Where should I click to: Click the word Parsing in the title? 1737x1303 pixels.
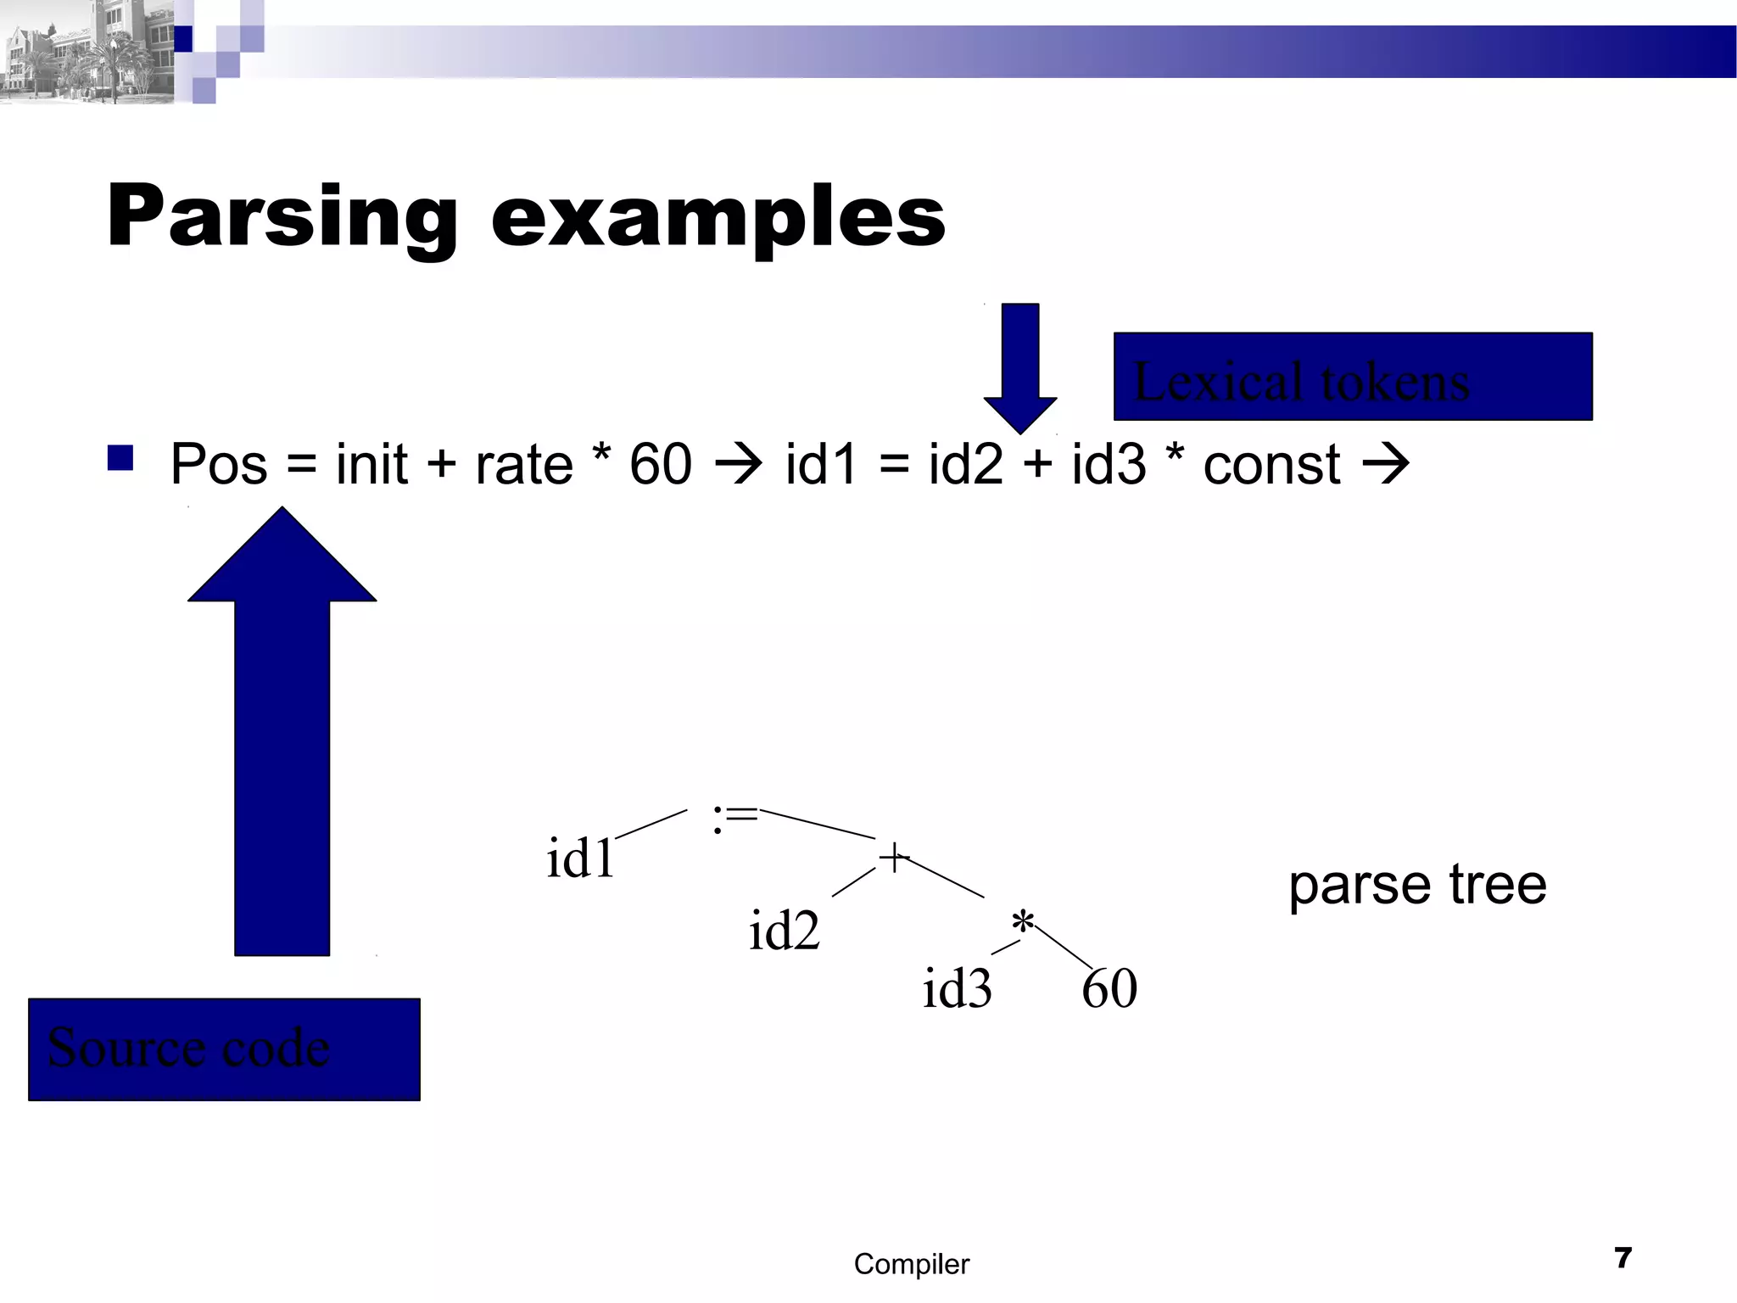tap(281, 217)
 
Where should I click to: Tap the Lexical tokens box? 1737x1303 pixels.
tap(1352, 377)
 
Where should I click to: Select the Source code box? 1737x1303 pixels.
tap(224, 1049)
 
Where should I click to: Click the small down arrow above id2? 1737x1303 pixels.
tap(1020, 365)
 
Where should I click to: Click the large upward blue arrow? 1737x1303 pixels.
tap(282, 730)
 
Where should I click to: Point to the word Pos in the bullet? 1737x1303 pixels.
tap(219, 464)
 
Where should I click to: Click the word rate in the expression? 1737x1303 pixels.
tap(524, 464)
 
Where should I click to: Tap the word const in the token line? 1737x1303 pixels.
tap(1271, 464)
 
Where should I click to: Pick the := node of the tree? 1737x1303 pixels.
tap(734, 817)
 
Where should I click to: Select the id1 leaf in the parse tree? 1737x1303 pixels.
tap(580, 858)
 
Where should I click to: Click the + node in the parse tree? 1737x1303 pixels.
tap(893, 858)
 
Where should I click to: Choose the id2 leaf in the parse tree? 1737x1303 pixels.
tap(784, 931)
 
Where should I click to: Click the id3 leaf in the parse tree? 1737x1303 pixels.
tap(957, 988)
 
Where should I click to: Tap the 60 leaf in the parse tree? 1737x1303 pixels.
tap(1109, 988)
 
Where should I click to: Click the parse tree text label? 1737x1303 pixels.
tap(1417, 885)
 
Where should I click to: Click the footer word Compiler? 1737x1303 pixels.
tap(911, 1264)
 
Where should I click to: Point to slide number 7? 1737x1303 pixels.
tap(1623, 1257)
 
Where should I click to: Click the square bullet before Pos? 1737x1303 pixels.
tap(120, 458)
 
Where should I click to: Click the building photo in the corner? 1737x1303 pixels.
tap(85, 51)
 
